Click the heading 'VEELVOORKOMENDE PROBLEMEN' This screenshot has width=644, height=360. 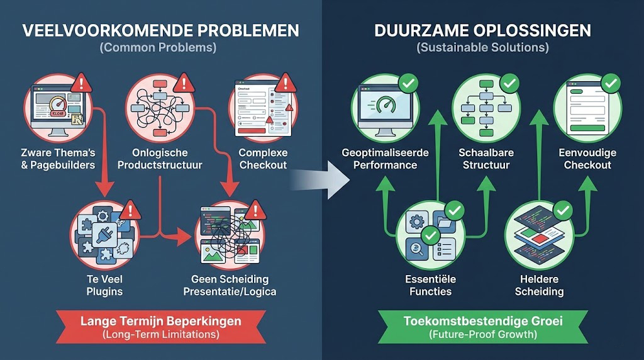click(x=160, y=31)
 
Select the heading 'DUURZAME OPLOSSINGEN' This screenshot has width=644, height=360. click(x=482, y=31)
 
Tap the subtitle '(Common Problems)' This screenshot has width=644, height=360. click(x=158, y=47)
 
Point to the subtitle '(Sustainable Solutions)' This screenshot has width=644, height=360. click(x=482, y=47)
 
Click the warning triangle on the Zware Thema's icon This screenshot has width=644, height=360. click(x=81, y=83)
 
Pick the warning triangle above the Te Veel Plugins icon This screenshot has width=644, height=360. click(x=131, y=210)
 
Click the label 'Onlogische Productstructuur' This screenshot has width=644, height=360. click(x=160, y=159)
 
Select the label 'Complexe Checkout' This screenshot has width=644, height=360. click(x=264, y=159)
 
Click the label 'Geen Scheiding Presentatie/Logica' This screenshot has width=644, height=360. click(x=230, y=285)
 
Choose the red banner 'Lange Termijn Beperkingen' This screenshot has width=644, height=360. click(x=160, y=327)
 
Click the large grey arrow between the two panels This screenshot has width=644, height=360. click(x=319, y=180)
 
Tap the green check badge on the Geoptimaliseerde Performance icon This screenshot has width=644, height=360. click(x=408, y=84)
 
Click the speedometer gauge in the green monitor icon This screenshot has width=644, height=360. click(x=386, y=104)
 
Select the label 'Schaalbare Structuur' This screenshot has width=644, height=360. click(x=486, y=159)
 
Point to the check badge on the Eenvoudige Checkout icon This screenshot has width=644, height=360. click(x=611, y=84)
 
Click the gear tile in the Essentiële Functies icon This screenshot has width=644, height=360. click(x=417, y=222)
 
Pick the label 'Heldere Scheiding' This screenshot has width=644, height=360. click(x=539, y=285)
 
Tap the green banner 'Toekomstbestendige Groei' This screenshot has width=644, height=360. click(x=483, y=327)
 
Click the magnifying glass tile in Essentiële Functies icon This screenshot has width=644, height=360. click(x=417, y=249)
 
